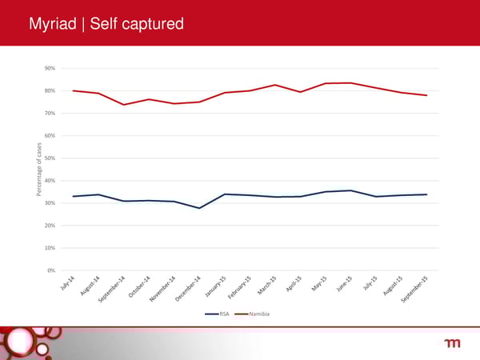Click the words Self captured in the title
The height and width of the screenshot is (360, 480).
tap(137, 26)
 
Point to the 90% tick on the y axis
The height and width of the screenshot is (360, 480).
tap(50, 68)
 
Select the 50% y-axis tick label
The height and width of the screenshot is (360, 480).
tap(50, 158)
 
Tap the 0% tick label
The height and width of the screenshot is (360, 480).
tap(51, 270)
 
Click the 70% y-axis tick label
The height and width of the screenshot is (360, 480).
tap(50, 113)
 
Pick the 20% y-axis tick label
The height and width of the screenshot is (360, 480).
tap(50, 225)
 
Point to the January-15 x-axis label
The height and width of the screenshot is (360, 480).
tap(216, 286)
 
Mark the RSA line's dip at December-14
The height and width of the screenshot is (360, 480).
tap(199, 208)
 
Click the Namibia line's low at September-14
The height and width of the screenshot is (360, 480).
tap(123, 105)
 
